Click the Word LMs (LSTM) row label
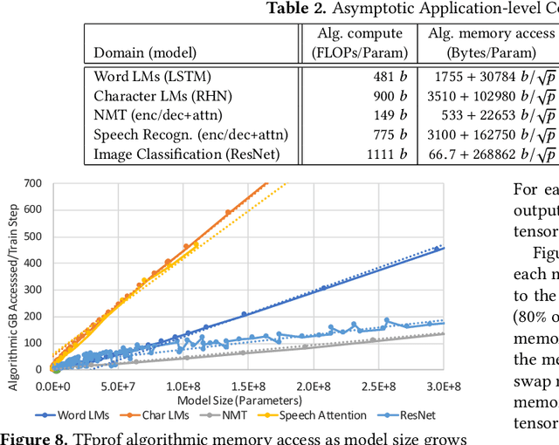click(152, 76)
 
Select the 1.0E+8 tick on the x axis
click(183, 385)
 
